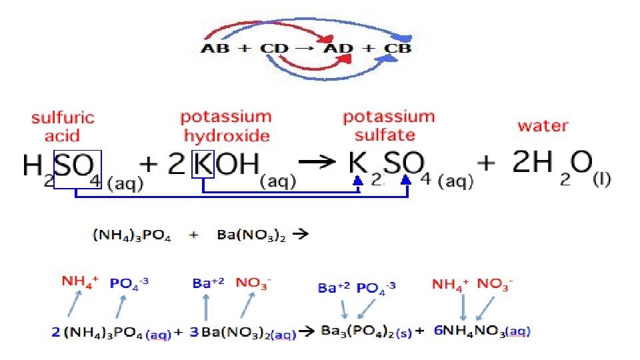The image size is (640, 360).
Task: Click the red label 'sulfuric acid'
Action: point(63,127)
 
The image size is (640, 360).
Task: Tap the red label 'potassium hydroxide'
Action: point(226,126)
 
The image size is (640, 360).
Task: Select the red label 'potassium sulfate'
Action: point(388,126)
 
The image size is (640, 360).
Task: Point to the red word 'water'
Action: point(543,125)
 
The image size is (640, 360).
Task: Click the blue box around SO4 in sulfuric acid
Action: point(77,170)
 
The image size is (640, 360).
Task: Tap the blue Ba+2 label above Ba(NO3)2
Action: point(206,283)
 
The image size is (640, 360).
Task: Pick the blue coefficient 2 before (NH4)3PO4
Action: point(56,331)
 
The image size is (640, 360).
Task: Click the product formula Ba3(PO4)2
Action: point(357,331)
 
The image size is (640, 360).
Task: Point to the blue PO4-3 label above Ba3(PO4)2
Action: point(376,288)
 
